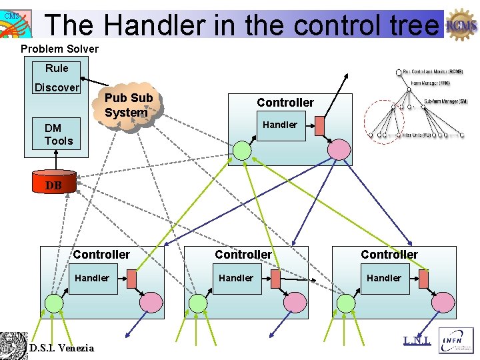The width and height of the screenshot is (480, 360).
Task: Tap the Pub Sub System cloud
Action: pos(129,105)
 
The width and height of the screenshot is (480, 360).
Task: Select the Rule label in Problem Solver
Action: pos(57,68)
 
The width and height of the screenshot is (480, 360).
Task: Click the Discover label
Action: pos(57,87)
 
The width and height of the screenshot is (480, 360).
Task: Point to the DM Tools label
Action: pos(59,134)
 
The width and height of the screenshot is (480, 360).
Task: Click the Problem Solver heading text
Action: pos(59,49)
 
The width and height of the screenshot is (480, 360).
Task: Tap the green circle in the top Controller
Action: pos(243,151)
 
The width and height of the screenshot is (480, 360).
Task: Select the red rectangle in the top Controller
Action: pos(319,125)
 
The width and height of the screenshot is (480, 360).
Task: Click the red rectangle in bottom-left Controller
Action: pos(131,279)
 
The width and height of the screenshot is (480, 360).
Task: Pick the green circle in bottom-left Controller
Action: pos(53,303)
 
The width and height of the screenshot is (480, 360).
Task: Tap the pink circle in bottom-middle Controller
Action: pos(295,303)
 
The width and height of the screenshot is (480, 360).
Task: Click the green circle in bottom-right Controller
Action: pos(346,303)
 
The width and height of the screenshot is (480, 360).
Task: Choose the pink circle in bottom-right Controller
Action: pos(442,302)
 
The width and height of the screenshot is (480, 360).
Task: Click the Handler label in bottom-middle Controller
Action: pos(236,278)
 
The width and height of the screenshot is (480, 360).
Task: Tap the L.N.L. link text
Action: pos(417,340)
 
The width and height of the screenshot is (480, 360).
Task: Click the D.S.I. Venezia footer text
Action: pos(61,347)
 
